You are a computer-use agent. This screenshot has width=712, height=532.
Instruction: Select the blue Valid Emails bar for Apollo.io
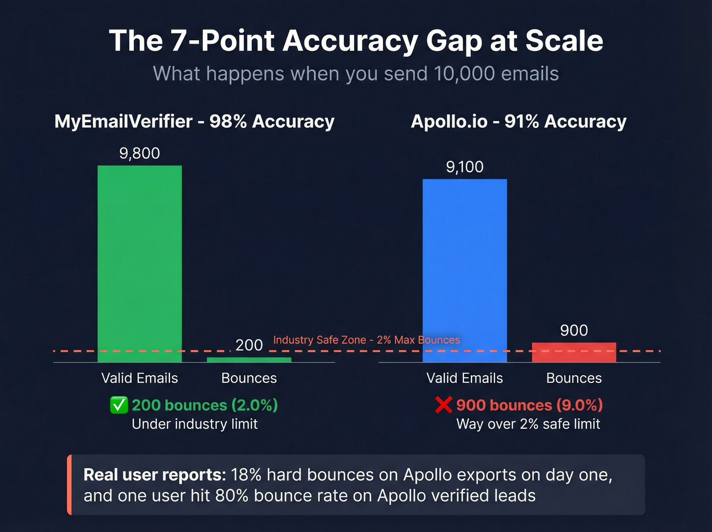click(464, 270)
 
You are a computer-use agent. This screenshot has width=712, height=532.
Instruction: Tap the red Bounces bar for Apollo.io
click(574, 352)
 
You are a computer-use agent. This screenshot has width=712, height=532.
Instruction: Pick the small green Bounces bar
click(249, 360)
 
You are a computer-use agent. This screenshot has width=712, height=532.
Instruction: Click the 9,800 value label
click(139, 153)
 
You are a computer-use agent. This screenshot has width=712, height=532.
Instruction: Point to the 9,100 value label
click(464, 167)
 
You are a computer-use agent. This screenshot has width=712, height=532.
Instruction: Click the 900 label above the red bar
click(574, 330)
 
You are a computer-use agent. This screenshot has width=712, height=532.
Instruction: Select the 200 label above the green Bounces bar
click(249, 345)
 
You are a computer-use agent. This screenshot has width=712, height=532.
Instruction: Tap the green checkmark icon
click(119, 405)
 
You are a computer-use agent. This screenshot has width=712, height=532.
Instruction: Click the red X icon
click(443, 405)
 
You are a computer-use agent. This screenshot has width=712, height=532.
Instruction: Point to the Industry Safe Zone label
click(366, 340)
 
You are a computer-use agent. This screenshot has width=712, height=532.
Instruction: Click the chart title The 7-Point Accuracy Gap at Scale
click(356, 41)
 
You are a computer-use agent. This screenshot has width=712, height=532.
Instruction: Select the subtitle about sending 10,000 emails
click(356, 74)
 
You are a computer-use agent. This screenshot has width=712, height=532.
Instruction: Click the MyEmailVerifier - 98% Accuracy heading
click(194, 122)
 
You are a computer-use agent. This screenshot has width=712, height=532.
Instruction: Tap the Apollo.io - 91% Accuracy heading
click(518, 122)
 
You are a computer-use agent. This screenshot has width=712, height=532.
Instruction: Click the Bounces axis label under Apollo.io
click(574, 378)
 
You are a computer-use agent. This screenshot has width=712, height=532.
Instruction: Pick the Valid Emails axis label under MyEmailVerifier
click(139, 378)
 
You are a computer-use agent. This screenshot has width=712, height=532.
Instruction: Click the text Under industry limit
click(194, 424)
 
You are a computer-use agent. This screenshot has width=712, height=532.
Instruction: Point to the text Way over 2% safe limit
click(528, 424)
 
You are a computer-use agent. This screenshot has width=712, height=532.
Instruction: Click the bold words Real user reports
click(154, 475)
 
